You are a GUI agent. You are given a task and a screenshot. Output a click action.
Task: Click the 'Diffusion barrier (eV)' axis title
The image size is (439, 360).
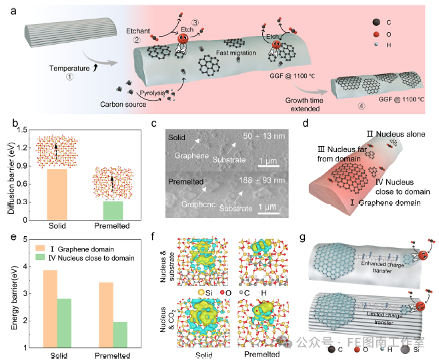point(9,171)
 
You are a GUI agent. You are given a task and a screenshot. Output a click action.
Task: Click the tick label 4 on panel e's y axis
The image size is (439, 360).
point(27,267)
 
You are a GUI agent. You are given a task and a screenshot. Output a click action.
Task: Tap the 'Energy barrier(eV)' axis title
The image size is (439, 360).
point(9,293)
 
